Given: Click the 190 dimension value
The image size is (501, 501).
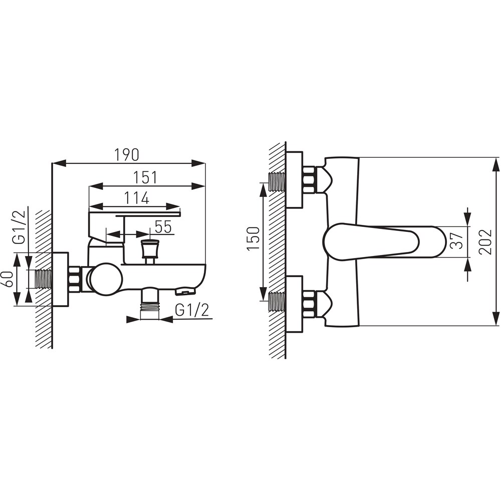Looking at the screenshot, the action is (127, 155).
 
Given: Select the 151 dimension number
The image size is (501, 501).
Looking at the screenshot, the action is (145, 178).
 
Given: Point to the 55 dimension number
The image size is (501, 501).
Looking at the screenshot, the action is (163, 227).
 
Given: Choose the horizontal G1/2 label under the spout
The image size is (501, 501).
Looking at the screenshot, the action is (192, 310).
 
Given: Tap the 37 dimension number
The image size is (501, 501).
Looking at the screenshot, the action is (457, 240).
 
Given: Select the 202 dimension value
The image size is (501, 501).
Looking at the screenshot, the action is (485, 241).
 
